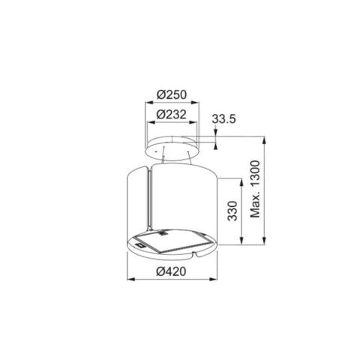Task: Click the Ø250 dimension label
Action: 172,94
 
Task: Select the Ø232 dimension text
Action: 172,115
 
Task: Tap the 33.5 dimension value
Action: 223,119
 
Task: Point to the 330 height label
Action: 232,211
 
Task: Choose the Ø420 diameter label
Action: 171,271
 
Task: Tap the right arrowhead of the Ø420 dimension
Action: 213,279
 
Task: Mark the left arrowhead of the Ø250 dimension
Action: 149,103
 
